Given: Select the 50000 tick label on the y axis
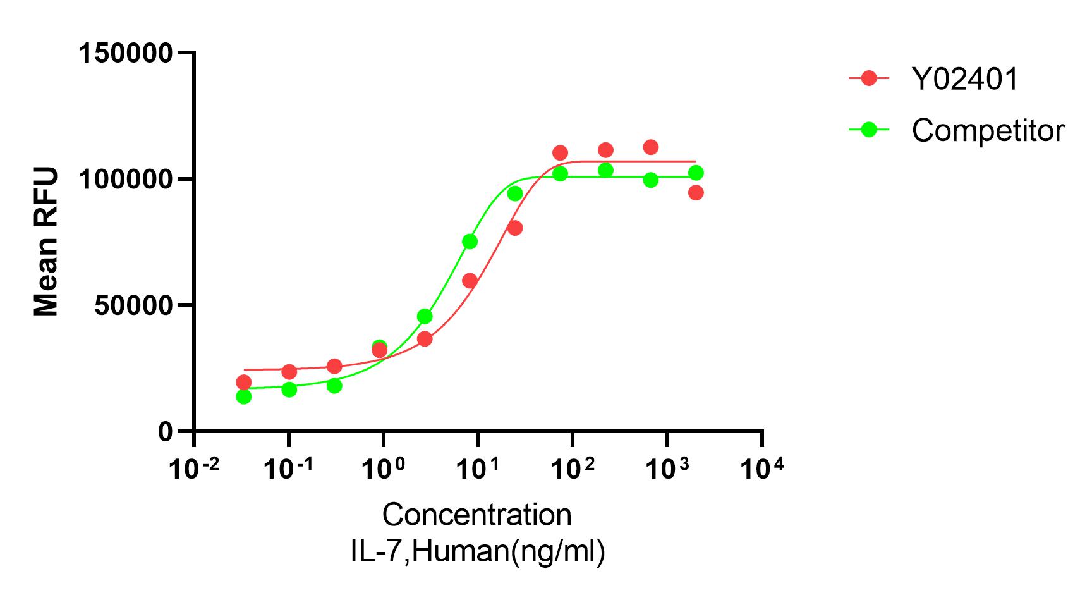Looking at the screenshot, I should (132, 305).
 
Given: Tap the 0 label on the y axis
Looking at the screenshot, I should (165, 432).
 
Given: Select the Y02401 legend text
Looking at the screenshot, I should (965, 80).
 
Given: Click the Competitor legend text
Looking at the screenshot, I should (988, 131).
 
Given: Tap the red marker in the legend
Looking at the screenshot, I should (870, 78).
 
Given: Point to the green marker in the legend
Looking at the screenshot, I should (870, 130).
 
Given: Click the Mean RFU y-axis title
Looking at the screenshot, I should (46, 241).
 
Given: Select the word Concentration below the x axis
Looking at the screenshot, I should (477, 515).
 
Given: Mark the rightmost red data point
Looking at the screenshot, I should (696, 192).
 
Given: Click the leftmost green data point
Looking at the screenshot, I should (243, 396).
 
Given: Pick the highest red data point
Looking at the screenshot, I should (651, 147).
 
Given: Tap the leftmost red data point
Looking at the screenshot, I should (243, 382).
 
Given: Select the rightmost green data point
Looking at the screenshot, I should (696, 173).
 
